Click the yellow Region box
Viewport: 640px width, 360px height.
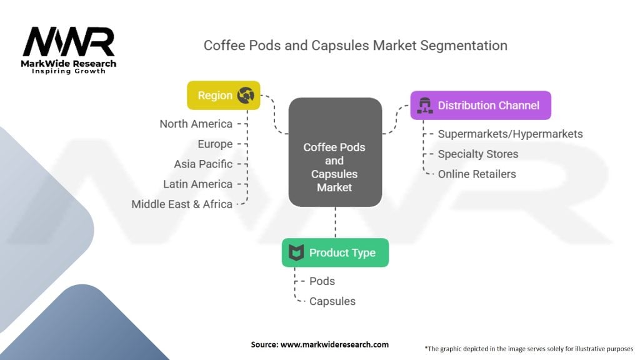pyautogui.click(x=223, y=95)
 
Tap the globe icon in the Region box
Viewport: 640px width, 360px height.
pyautogui.click(x=246, y=95)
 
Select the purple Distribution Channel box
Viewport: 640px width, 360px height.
pyautogui.click(x=481, y=105)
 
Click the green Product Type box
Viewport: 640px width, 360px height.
pyautogui.click(x=335, y=252)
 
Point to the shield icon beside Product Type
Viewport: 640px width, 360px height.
pyautogui.click(x=296, y=252)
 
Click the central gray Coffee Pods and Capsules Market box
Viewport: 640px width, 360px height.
pyautogui.click(x=335, y=152)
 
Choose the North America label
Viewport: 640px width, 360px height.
pyautogui.click(x=196, y=124)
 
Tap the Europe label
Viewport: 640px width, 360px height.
pyautogui.click(x=215, y=144)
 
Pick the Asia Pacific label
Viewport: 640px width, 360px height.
pyautogui.click(x=203, y=164)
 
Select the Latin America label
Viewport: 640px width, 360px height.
pyautogui.click(x=197, y=184)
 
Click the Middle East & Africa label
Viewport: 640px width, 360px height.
pyautogui.click(x=182, y=204)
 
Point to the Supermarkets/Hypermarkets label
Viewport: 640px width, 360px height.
pyautogui.click(x=510, y=134)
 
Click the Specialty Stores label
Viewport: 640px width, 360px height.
pyautogui.click(x=478, y=154)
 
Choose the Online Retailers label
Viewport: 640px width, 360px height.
pyautogui.click(x=477, y=174)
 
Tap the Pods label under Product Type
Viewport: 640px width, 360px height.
pyautogui.click(x=322, y=281)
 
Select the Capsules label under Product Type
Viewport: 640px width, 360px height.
pyautogui.click(x=332, y=301)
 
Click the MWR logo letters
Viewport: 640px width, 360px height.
pyautogui.click(x=69, y=42)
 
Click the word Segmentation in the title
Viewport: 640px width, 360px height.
pyautogui.click(x=464, y=45)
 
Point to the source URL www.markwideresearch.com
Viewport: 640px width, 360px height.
pyautogui.click(x=334, y=344)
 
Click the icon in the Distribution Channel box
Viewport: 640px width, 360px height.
pyautogui.click(x=425, y=105)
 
